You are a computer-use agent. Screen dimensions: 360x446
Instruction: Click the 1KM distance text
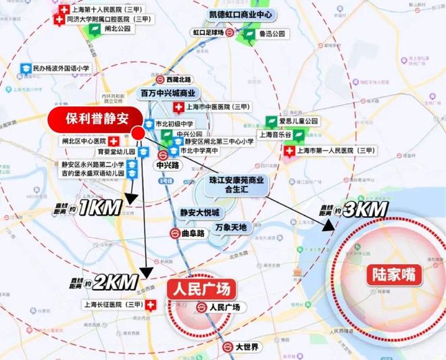pos(99,207)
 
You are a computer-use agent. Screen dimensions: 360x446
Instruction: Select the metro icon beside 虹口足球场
pos(229,32)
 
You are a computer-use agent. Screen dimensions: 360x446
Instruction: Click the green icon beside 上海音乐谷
pos(274,134)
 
